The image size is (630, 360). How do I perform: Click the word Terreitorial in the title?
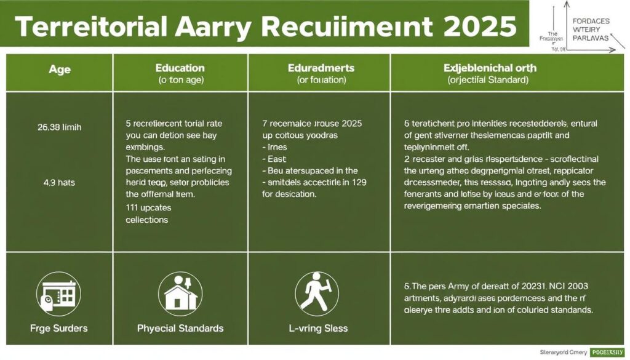click(x=87, y=26)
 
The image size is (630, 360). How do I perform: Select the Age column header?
click(x=59, y=70)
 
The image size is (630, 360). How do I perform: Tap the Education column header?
click(x=180, y=68)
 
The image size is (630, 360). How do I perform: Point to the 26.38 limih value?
click(x=60, y=128)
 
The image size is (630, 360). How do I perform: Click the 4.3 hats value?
click(x=60, y=182)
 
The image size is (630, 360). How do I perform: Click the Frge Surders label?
click(x=59, y=328)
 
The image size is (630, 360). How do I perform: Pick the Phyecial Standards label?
click(x=180, y=328)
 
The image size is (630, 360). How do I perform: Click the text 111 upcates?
click(x=148, y=208)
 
